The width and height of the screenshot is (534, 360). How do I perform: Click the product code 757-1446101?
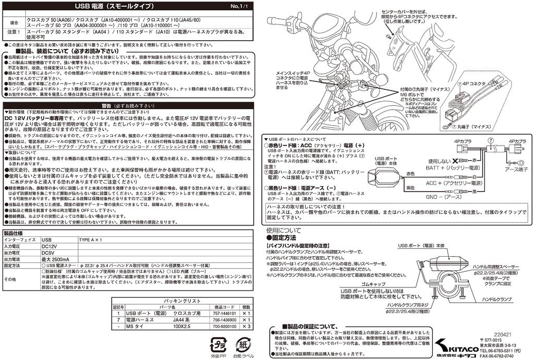click(x=225, y=314)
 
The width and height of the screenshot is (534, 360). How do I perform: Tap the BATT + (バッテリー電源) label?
click(x=452, y=168)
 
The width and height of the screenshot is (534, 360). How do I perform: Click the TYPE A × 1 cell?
click(x=90, y=240)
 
